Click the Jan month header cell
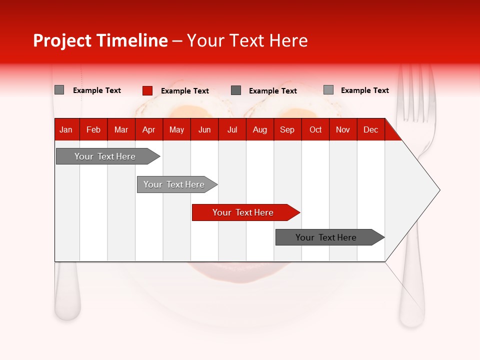pos(66,129)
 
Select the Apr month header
pos(149,129)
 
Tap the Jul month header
pos(232,129)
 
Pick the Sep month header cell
pos(287,129)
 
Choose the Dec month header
pos(370,129)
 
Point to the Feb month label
pos(93,129)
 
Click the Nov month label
pos(343,129)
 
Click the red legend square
pos(147,90)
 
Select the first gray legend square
pos(59,90)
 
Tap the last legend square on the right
pos(328,90)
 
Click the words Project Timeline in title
pos(100,40)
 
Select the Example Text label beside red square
pos(185,91)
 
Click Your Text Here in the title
pos(247,40)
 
